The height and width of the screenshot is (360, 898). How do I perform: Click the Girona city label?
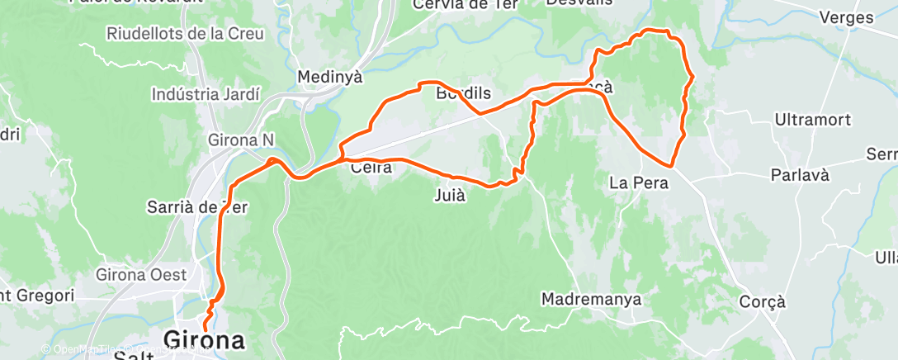(205, 339)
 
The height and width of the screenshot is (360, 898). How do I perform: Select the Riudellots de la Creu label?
(185, 34)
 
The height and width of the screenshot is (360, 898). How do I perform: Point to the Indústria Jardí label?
(206, 94)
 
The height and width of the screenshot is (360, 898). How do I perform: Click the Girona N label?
(242, 140)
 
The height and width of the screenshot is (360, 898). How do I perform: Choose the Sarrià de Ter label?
(197, 206)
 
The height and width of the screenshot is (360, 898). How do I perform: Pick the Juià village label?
(450, 196)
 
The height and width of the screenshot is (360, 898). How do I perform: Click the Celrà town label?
(371, 168)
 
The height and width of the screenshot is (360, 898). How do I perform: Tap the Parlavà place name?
(798, 175)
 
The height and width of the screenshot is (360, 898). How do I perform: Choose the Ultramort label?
(812, 121)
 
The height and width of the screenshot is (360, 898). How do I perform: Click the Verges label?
(847, 17)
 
